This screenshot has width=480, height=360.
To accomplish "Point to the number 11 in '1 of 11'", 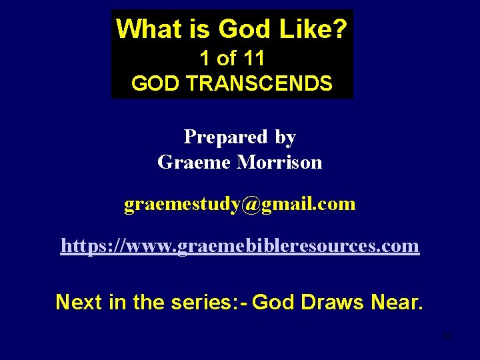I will pyautogui.click(x=253, y=59).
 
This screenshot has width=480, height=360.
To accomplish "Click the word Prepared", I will pyautogui.click(x=226, y=137).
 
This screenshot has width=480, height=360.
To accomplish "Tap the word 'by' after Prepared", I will pyautogui.click(x=285, y=137).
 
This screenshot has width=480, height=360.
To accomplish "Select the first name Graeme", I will pyautogui.click(x=194, y=162).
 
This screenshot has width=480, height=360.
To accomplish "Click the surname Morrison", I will pyautogui.click(x=279, y=162).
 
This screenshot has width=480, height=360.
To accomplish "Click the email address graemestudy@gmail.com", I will pyautogui.click(x=239, y=204).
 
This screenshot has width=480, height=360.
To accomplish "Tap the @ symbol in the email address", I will pyautogui.click(x=252, y=204).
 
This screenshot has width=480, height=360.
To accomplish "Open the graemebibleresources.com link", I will pyautogui.click(x=240, y=246).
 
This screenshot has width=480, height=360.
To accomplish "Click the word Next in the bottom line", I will pyautogui.click(x=78, y=302).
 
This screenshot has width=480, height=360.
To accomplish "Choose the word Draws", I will pyautogui.click(x=332, y=302).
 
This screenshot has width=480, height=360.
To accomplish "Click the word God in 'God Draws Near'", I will pyautogui.click(x=275, y=302).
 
